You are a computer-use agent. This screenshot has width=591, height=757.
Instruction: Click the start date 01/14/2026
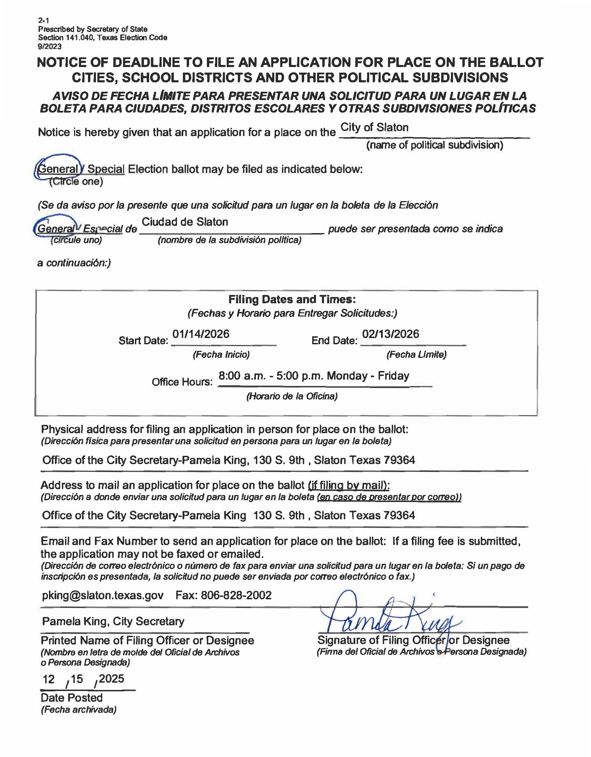click(x=201, y=334)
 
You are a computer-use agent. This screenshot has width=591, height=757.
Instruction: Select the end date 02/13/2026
click(x=390, y=334)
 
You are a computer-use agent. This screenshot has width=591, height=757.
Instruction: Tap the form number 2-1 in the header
click(x=43, y=20)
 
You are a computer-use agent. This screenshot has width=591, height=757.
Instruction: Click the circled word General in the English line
click(x=58, y=169)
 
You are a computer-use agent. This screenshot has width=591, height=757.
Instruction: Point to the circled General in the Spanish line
click(x=56, y=229)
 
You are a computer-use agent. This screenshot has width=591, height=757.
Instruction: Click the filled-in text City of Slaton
click(x=374, y=127)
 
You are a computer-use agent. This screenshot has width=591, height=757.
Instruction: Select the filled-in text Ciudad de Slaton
click(x=185, y=222)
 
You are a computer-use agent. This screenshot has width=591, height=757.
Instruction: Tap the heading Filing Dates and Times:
click(x=292, y=299)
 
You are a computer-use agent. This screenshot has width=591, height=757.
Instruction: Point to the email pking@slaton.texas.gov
click(x=103, y=595)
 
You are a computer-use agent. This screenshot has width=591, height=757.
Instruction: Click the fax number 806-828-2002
click(x=236, y=595)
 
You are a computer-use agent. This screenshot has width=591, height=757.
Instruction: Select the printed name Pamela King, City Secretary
click(x=113, y=621)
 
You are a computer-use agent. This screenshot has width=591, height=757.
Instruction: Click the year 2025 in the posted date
click(x=112, y=678)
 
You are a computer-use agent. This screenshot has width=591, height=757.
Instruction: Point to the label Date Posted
click(x=72, y=698)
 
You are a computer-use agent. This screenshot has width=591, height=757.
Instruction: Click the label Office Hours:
click(x=182, y=382)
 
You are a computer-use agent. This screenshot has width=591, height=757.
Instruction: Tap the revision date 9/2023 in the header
click(x=50, y=46)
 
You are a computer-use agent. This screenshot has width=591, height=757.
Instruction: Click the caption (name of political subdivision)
click(x=435, y=145)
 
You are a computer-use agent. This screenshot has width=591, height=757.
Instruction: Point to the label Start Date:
click(x=143, y=340)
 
